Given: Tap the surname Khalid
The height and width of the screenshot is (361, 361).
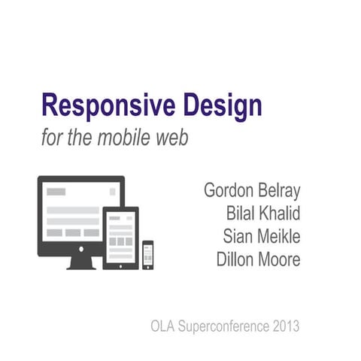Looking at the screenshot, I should click(x=281, y=213).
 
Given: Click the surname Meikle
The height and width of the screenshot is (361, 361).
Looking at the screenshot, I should click(x=280, y=236).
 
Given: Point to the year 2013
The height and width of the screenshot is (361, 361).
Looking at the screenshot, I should click(x=286, y=326).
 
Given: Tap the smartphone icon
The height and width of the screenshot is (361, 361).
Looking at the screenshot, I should click(x=148, y=254).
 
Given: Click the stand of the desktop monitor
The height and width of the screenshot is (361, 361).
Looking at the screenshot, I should click(x=80, y=262).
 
